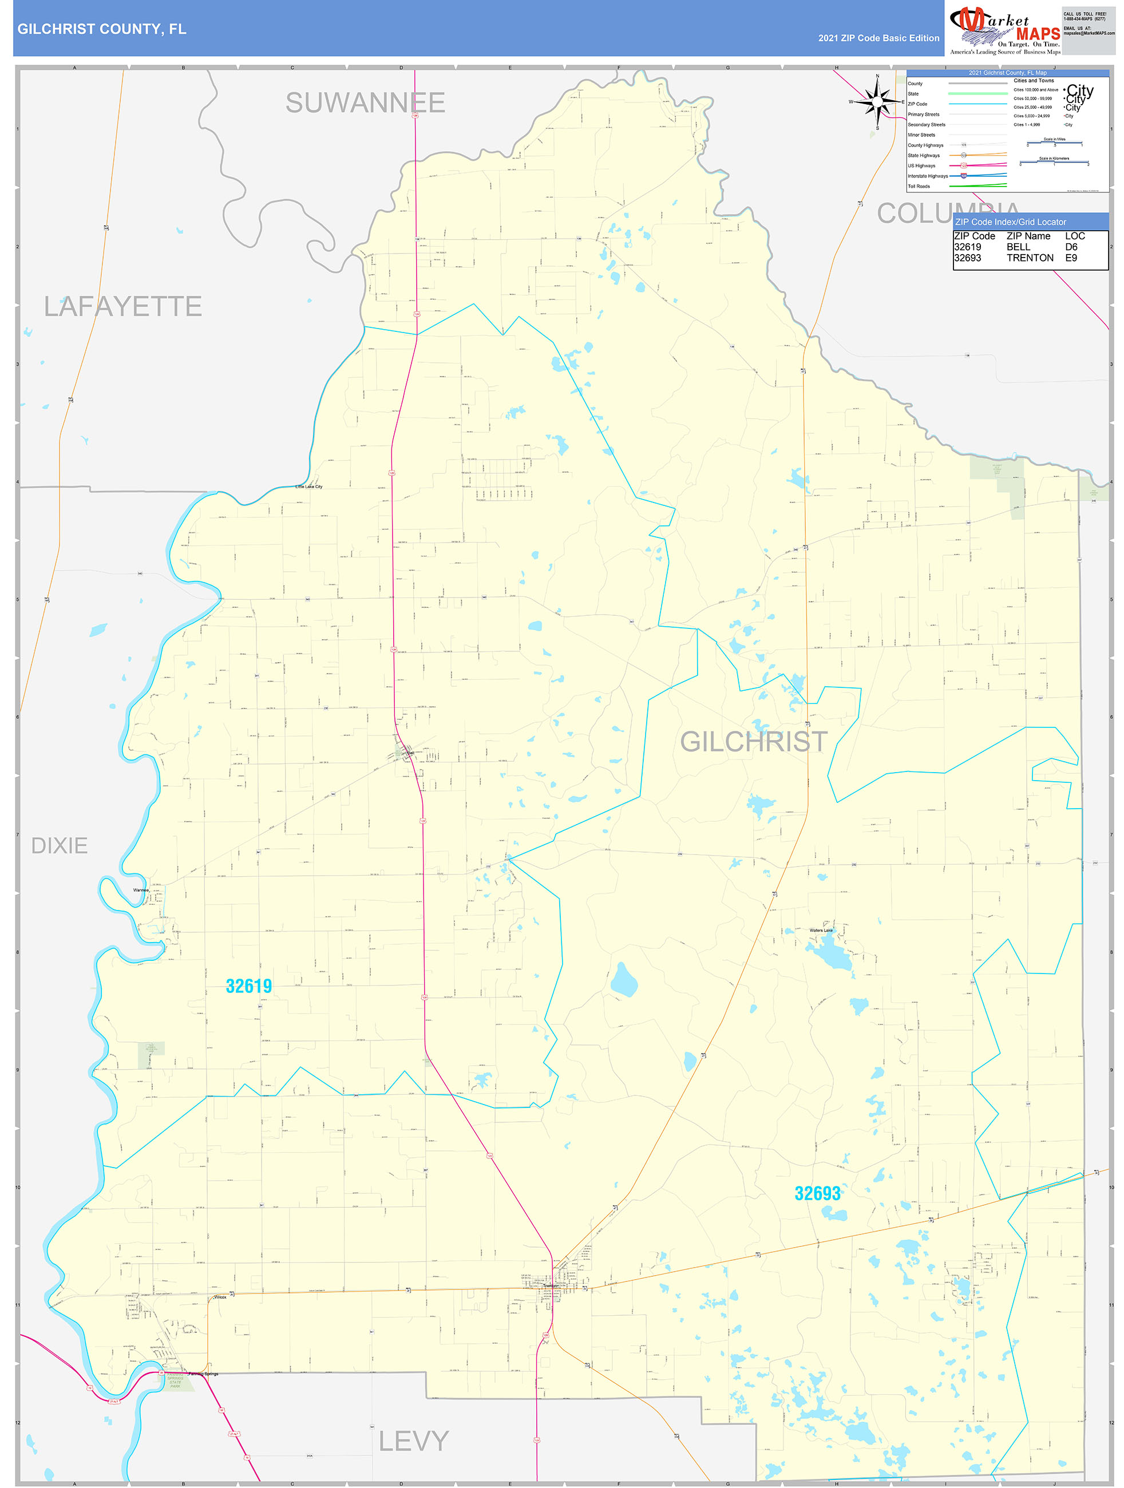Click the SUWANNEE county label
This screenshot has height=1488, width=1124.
coord(365,103)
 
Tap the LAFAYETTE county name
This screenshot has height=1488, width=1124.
coord(123,307)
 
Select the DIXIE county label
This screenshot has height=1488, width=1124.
coord(59,845)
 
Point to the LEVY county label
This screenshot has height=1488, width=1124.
coord(413,1441)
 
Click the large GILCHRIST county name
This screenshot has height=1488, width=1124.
coord(753,741)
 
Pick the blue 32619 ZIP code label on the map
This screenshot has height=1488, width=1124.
coord(249,986)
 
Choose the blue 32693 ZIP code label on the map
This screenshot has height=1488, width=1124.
coord(817,1193)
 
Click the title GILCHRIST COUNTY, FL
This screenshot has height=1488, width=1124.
coord(101,29)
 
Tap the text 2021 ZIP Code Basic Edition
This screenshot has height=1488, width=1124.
coord(878,38)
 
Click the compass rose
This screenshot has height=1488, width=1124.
coord(876,101)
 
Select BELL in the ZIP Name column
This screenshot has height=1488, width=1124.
coord(1018,247)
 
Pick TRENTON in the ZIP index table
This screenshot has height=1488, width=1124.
coord(1030,258)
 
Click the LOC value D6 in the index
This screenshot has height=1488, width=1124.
coord(1071,247)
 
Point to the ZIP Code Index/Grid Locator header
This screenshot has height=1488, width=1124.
coord(1010,222)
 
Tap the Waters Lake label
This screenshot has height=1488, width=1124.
coord(821,931)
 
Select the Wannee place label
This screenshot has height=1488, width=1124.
coord(141,890)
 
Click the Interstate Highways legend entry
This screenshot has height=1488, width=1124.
coord(928,176)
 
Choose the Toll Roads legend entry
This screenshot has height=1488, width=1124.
coord(919,187)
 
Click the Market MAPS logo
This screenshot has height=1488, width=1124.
coord(1004,30)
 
